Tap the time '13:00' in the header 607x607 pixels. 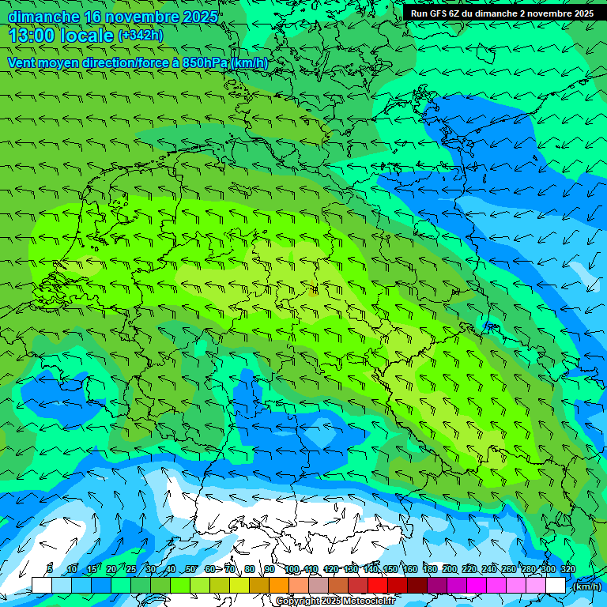point(32,36)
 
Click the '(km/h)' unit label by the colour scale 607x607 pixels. point(586,586)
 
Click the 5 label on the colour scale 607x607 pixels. point(50,570)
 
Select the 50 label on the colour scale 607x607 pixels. point(190,570)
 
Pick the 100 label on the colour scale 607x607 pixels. point(291,570)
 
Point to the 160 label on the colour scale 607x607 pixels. point(409,570)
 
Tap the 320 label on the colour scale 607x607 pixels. point(567,570)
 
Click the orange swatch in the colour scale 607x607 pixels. point(279,586)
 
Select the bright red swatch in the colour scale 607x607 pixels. point(378,586)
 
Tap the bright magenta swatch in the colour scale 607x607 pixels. point(477,586)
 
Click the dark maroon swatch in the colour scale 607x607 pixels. point(417,586)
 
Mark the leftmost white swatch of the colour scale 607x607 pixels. point(42,586)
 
